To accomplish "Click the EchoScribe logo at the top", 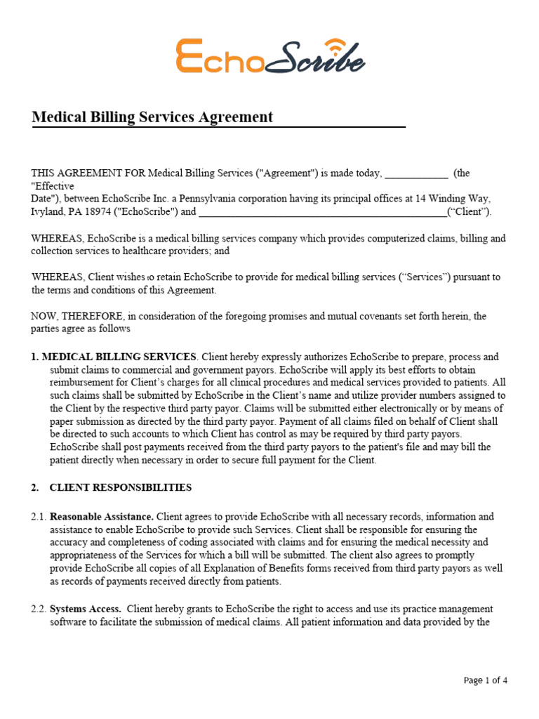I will coord(270,58).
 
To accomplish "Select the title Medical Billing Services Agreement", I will coord(152,117).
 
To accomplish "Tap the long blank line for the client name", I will coord(322,212).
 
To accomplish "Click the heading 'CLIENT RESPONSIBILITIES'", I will coord(121,487).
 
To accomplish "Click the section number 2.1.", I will coord(39,517).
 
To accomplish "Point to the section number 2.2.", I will coord(39,609).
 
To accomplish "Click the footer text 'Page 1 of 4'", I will coord(486,680).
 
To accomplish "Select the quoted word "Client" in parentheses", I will coord(470,211).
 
